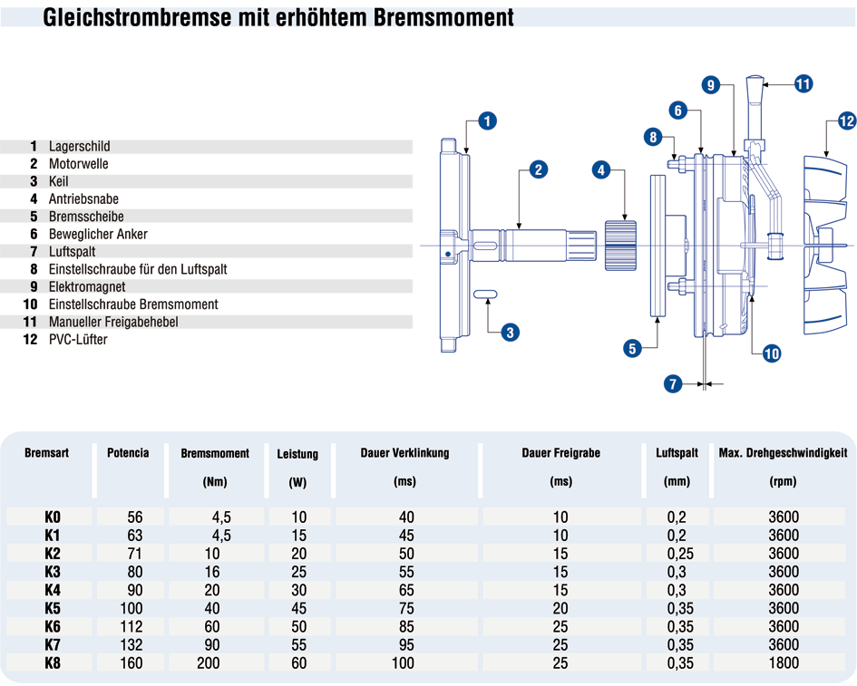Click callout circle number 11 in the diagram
point(803,84)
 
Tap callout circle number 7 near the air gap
point(673,383)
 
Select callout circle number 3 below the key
point(510,332)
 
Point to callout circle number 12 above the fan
point(847,121)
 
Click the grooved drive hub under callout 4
point(620,246)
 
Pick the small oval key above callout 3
point(485,295)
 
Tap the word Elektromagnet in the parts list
point(87,286)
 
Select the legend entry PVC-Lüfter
point(78,339)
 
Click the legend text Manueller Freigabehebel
point(113,322)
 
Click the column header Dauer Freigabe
point(560,453)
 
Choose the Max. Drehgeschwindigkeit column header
point(783,453)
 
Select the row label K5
point(53,608)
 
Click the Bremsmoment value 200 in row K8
point(209,663)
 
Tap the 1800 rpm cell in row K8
point(784,663)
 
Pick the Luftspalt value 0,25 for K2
point(680,554)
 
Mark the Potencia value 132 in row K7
point(131,645)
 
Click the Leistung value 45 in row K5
point(298,608)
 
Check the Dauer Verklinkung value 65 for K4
point(406,591)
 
